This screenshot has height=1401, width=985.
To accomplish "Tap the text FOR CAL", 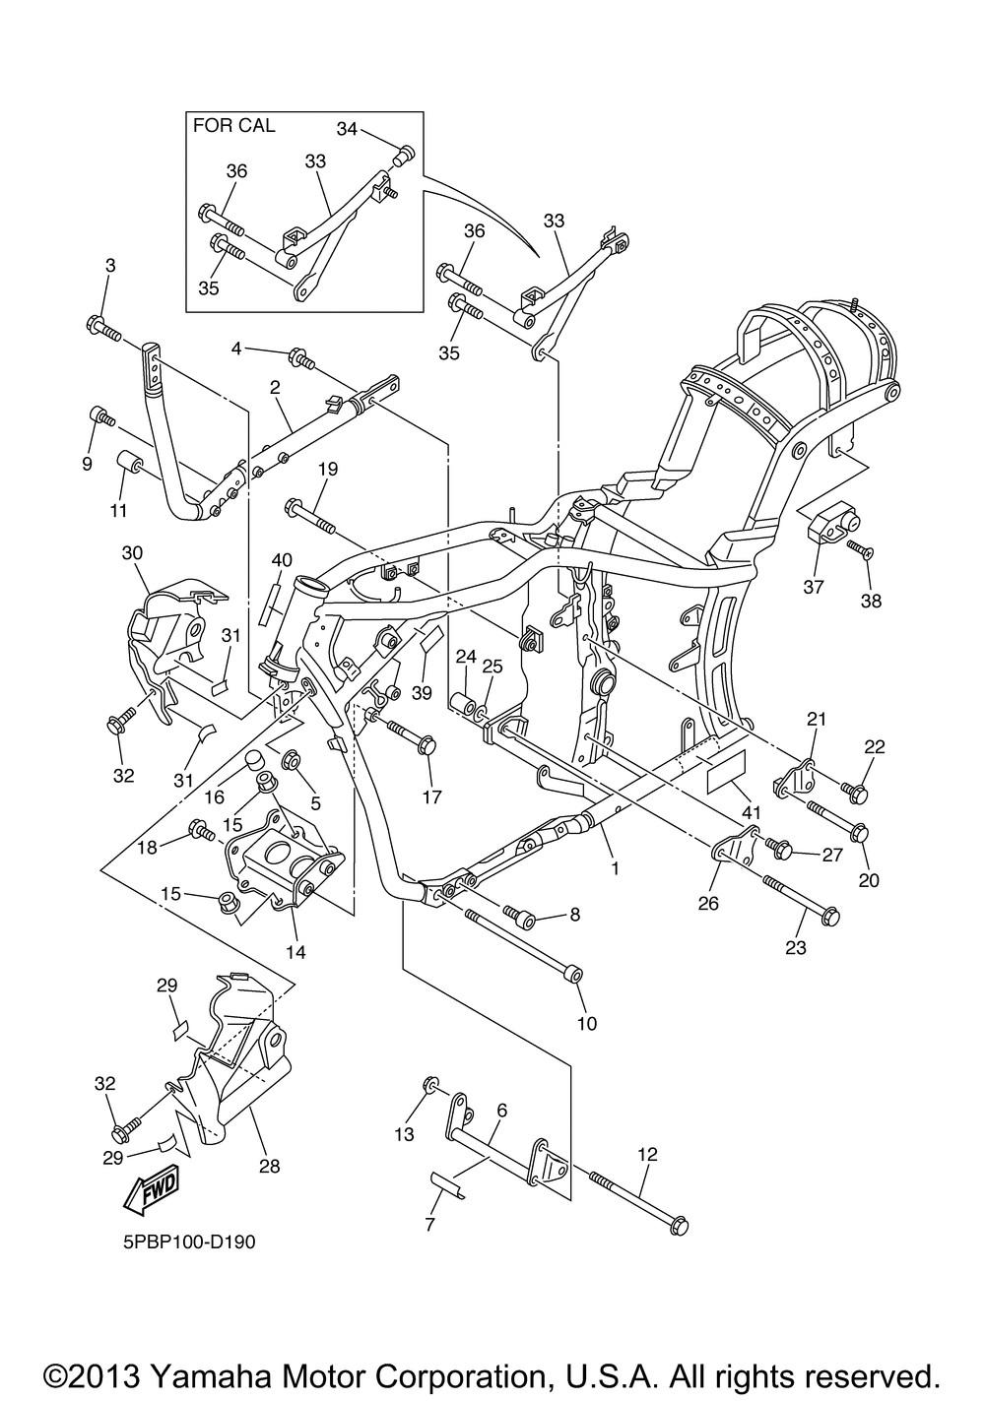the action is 234,125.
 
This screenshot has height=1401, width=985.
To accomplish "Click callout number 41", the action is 751,812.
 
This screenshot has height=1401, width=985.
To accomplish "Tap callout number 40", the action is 282,560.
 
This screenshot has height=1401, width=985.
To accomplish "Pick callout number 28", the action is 269,1166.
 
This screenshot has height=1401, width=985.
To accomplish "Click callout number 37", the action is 814,587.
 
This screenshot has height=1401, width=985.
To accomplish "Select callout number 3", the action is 110,265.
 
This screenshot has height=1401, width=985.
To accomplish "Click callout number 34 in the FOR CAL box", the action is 347,128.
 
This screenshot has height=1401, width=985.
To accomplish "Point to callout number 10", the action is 587,1023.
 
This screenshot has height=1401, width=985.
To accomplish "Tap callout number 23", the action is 796,948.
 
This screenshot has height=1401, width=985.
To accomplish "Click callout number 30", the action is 133,553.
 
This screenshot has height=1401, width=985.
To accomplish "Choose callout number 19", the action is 328,469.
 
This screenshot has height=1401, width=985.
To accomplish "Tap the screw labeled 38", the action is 859,549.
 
